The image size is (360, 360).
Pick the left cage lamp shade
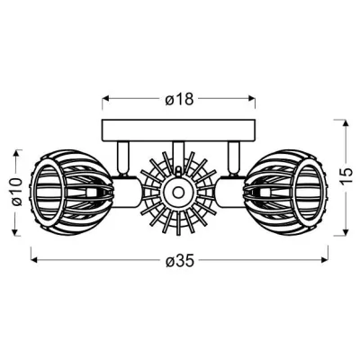point(67,192)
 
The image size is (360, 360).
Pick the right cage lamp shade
point(292,192)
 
